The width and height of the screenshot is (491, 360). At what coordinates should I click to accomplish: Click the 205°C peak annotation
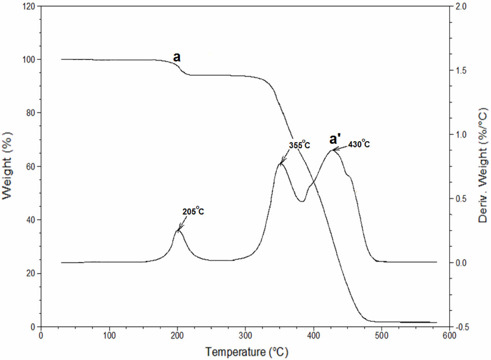pos(193,211)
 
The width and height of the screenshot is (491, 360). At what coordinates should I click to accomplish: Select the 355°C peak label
pos(299,145)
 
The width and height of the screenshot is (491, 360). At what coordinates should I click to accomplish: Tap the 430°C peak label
pos(359,144)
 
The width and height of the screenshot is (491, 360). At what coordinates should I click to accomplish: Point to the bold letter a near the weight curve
pos(177,57)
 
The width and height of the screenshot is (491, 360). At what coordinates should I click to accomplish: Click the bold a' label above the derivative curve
pos(335,139)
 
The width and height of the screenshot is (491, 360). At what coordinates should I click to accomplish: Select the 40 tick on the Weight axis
pos(32,220)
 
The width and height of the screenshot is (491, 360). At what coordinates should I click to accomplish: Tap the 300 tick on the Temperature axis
pos(245,335)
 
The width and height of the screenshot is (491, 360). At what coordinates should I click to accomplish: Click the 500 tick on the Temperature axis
pos(381,335)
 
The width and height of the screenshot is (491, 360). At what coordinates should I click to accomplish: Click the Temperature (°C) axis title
pos(246,352)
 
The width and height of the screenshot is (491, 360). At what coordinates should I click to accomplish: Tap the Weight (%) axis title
pos(8,166)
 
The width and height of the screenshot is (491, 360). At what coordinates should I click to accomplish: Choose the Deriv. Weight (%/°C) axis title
pos(483,165)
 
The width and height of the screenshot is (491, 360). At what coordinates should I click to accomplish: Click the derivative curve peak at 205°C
pos(178,230)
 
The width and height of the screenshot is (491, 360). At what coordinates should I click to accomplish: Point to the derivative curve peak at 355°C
pos(281,163)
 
